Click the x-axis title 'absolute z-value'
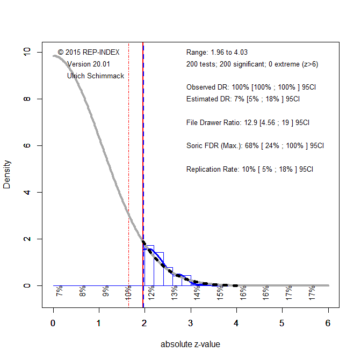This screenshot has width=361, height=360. click(x=190, y=344)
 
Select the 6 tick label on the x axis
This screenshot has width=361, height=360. click(x=328, y=323)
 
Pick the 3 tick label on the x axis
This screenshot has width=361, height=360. click(x=191, y=323)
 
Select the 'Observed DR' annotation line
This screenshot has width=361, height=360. click(x=251, y=87)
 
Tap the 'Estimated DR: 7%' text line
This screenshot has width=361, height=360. click(x=243, y=99)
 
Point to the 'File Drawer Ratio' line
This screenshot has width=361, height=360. click(x=248, y=122)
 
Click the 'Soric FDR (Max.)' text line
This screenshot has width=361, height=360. click(x=255, y=145)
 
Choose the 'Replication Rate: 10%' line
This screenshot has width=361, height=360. click(x=250, y=169)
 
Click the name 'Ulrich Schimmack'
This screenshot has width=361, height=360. click(x=96, y=76)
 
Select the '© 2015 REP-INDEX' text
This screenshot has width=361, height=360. click(x=89, y=53)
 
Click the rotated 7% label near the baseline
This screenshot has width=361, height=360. click(x=60, y=291)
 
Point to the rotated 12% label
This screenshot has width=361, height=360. click(x=151, y=291)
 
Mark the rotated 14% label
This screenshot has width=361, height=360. click(x=197, y=291)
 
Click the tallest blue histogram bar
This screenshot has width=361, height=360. click(x=149, y=265)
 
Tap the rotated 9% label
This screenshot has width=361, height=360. click(x=106, y=291)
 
